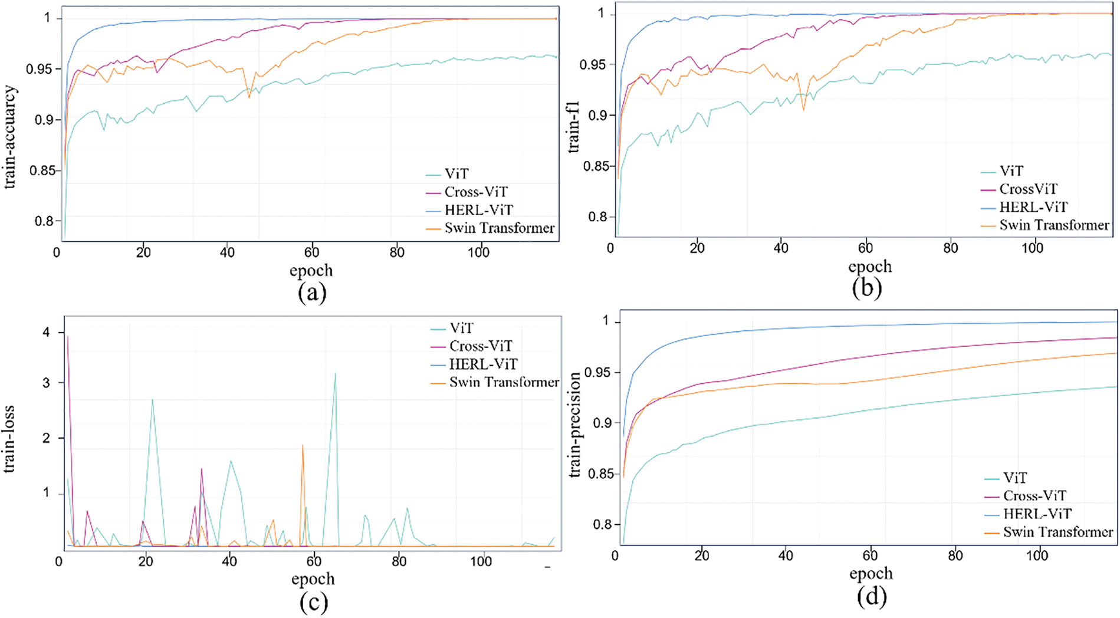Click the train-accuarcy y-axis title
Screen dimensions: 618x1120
10,137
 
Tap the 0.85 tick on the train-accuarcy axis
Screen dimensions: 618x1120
44,170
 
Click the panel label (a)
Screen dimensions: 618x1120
312,292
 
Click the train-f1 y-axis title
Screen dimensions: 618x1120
574,127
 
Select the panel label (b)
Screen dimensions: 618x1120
867,288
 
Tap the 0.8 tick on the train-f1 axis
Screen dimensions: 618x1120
598,217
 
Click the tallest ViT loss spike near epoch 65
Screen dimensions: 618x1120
335,373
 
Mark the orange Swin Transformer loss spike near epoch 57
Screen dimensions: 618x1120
303,445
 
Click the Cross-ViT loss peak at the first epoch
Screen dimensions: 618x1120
68,337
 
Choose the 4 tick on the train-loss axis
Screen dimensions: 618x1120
46,333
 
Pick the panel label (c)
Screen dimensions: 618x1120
313,601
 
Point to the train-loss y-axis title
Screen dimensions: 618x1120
10,439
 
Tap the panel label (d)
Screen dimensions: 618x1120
871,597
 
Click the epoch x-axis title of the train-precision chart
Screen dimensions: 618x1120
871,573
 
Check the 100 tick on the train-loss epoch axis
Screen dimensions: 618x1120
481,561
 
